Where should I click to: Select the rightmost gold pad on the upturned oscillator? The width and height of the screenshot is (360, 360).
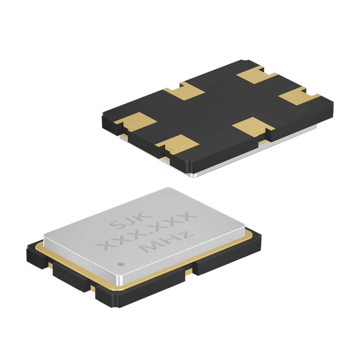click(299, 96)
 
